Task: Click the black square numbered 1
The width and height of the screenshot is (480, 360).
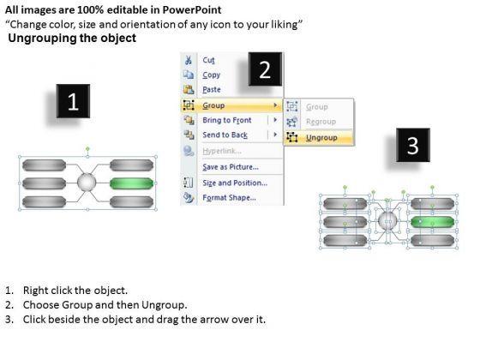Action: [73, 101]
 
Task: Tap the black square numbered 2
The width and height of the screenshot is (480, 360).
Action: [265, 69]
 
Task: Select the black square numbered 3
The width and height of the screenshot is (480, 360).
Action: [413, 145]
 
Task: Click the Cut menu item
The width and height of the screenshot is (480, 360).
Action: [209, 60]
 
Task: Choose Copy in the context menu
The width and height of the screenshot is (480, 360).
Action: [211, 75]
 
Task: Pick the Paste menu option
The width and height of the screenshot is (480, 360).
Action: [212, 90]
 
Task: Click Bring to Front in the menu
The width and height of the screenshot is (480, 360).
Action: [227, 120]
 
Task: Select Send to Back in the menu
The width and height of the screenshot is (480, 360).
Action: [225, 135]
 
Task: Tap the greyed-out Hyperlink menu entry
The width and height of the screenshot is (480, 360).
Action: [222, 151]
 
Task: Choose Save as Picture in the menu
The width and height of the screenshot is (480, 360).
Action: [231, 167]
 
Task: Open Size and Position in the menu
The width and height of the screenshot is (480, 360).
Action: [235, 183]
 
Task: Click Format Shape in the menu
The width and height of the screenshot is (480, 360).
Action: [230, 198]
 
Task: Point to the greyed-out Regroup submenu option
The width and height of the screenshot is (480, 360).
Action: [321, 122]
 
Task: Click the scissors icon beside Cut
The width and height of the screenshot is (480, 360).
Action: [189, 60]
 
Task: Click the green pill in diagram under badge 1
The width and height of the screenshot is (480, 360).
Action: [131, 183]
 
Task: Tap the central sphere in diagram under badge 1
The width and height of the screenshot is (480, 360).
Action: [87, 182]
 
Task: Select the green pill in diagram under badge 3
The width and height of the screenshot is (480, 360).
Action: [432, 222]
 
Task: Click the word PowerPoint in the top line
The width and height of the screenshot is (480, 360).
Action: [192, 9]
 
